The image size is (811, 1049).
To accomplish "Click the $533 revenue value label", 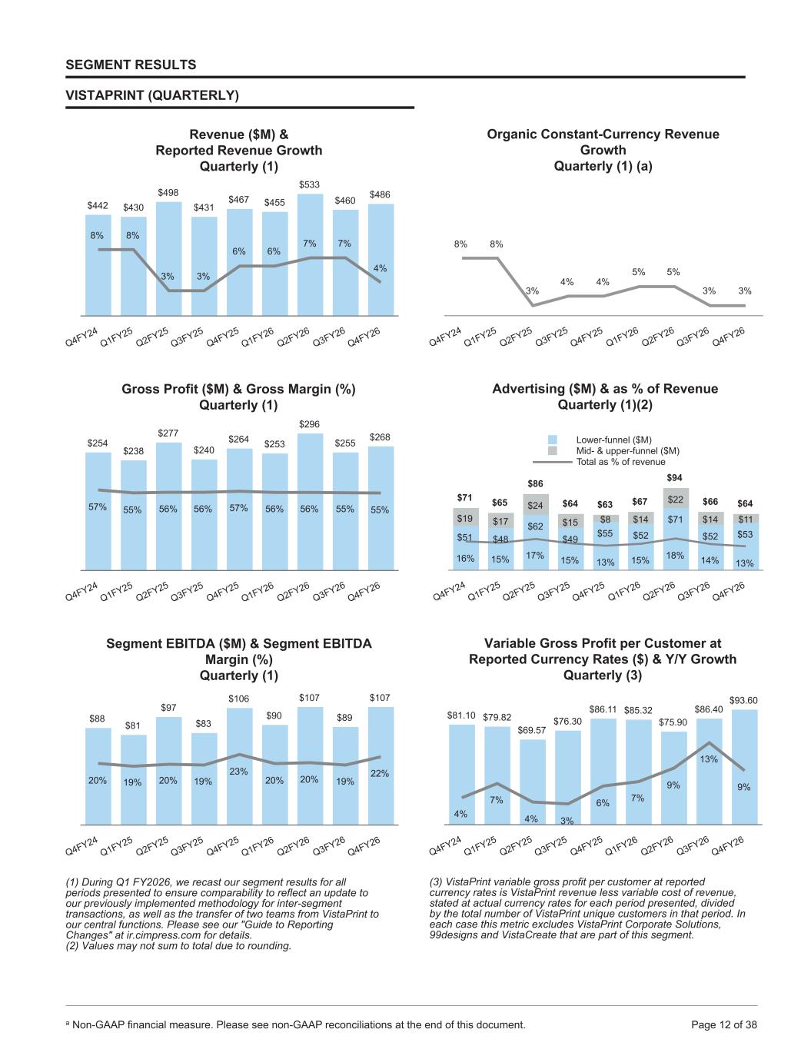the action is point(309,184).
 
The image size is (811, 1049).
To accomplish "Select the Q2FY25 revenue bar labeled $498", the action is point(168,259).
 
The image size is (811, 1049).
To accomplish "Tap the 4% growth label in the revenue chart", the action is point(380,268).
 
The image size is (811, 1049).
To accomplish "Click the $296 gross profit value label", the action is point(309,424).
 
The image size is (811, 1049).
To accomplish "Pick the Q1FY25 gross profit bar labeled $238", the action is point(133,515).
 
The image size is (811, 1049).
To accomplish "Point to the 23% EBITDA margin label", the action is point(238,772).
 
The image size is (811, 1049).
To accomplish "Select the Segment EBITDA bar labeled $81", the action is point(133,779).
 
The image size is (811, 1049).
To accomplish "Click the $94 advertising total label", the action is point(674,477).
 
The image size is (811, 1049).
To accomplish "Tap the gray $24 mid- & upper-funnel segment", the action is point(535,504).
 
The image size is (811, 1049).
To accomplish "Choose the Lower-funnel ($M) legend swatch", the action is point(553,440).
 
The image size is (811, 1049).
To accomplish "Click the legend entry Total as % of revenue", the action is point(620,462).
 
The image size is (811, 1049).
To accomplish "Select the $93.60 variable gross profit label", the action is point(743,700).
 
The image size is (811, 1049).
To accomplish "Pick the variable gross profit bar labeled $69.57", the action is point(533,782).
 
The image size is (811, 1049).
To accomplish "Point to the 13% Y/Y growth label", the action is point(709,759).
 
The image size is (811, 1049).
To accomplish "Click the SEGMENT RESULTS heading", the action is point(131,65).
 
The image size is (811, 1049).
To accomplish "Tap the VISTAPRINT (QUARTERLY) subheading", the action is point(152,95).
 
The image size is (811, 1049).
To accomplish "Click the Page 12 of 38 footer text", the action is point(724,1024).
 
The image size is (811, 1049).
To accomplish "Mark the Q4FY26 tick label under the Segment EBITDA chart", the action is point(364,845).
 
